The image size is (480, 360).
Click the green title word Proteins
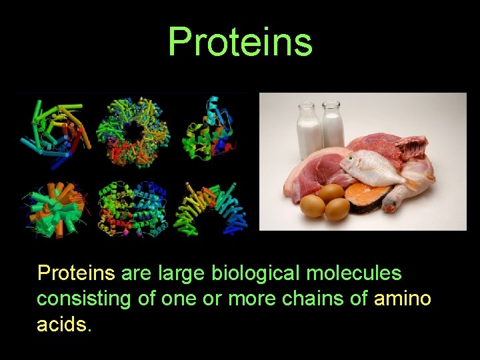[x=240, y=41]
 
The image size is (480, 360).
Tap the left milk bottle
[x=309, y=129]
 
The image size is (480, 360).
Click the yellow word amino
[x=403, y=299]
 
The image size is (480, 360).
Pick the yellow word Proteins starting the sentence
[x=76, y=273]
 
